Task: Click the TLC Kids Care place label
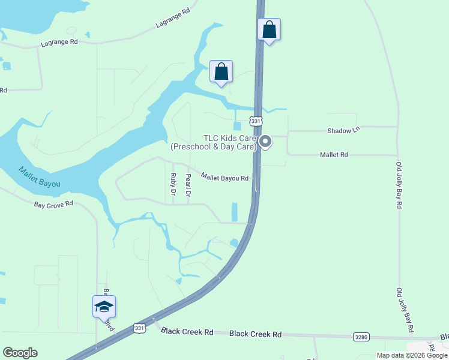214,142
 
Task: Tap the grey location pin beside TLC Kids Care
265,142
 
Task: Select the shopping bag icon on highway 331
270,29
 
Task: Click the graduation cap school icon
104,307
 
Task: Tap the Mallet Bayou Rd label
224,178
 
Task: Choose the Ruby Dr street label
173,185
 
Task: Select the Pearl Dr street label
188,185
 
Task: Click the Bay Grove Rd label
53,204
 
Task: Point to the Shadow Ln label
343,130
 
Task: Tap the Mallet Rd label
334,154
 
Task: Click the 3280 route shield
361,337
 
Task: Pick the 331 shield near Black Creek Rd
140,328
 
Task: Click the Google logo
20,353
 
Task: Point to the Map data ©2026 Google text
412,355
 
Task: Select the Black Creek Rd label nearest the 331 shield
188,332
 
